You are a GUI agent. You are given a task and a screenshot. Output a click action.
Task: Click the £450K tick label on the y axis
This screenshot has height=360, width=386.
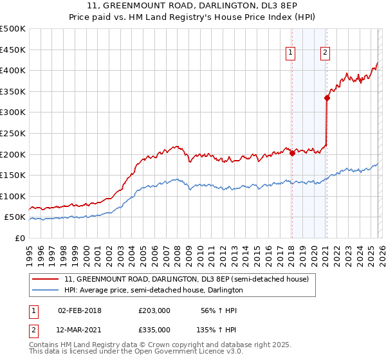[x=13, y=50]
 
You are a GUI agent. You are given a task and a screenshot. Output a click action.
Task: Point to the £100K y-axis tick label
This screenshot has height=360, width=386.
[x=13, y=196]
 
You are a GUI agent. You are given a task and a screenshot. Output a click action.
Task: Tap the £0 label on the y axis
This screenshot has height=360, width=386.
[x=21, y=239]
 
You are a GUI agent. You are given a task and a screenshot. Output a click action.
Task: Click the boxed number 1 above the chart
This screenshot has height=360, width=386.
[x=291, y=53]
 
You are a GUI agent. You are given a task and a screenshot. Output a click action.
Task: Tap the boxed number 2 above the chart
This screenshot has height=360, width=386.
[x=326, y=53]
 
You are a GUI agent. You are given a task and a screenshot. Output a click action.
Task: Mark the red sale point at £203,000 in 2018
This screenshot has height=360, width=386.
[x=292, y=153]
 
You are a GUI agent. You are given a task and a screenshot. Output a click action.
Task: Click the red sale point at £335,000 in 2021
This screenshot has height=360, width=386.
[x=327, y=98]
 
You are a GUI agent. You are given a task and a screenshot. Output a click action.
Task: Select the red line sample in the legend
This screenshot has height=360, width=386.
[x=46, y=279]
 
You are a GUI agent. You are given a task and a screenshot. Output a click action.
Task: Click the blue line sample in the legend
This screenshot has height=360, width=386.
[x=46, y=290]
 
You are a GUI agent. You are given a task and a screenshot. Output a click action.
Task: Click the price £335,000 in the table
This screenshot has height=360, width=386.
[x=154, y=329]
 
